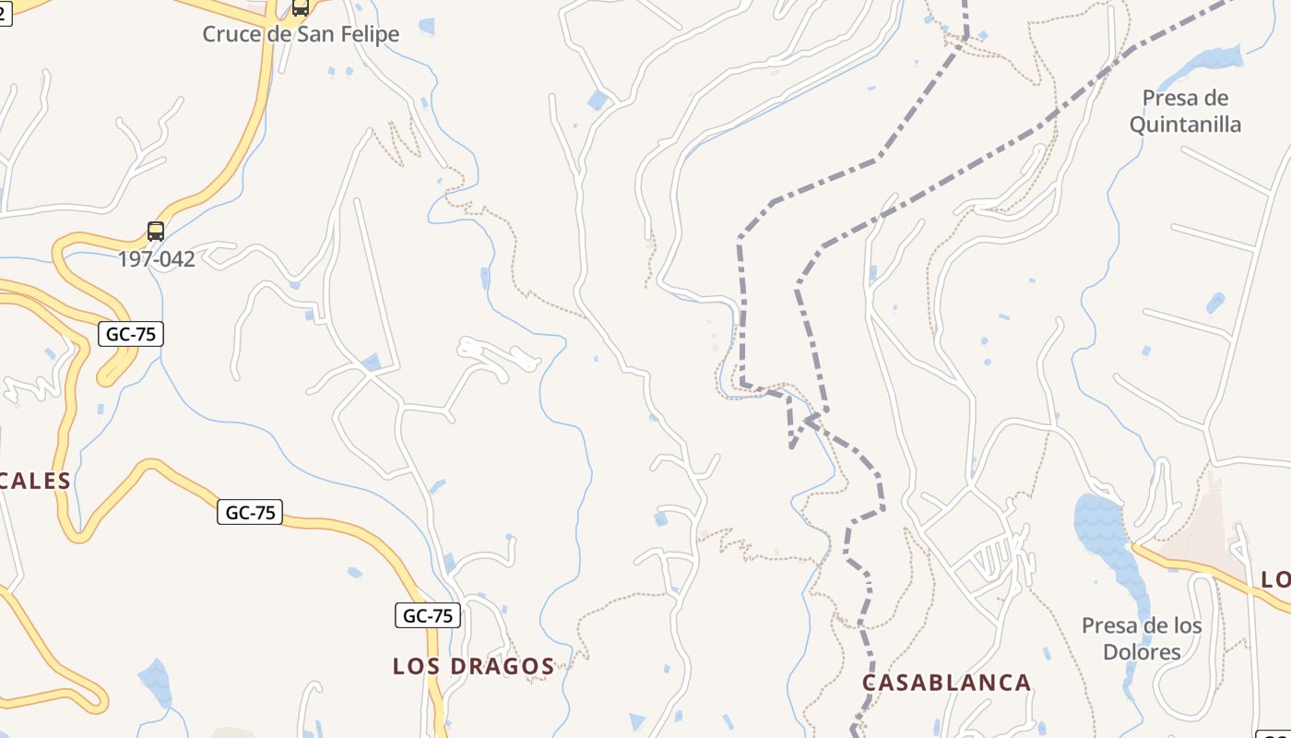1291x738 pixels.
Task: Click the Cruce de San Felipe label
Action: pos(301,34)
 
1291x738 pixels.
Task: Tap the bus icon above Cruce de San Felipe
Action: pos(300,7)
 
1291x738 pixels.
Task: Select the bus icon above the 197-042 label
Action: pos(156,231)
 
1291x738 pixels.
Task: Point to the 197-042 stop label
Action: pos(156,259)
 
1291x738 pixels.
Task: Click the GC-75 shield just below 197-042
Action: pos(131,334)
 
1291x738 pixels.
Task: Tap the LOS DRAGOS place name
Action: pos(473,666)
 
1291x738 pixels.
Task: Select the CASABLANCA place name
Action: pos(946,683)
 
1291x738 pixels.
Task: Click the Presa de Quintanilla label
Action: pos(1185,111)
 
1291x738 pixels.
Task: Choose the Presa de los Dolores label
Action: pos(1142,638)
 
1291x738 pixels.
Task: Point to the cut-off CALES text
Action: pos(35,481)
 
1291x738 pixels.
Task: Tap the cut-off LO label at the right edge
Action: pos(1276,579)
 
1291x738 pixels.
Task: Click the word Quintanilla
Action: pos(1185,124)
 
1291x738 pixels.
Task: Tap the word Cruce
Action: pos(231,34)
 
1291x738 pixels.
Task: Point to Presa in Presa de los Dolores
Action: pos(1110,625)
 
